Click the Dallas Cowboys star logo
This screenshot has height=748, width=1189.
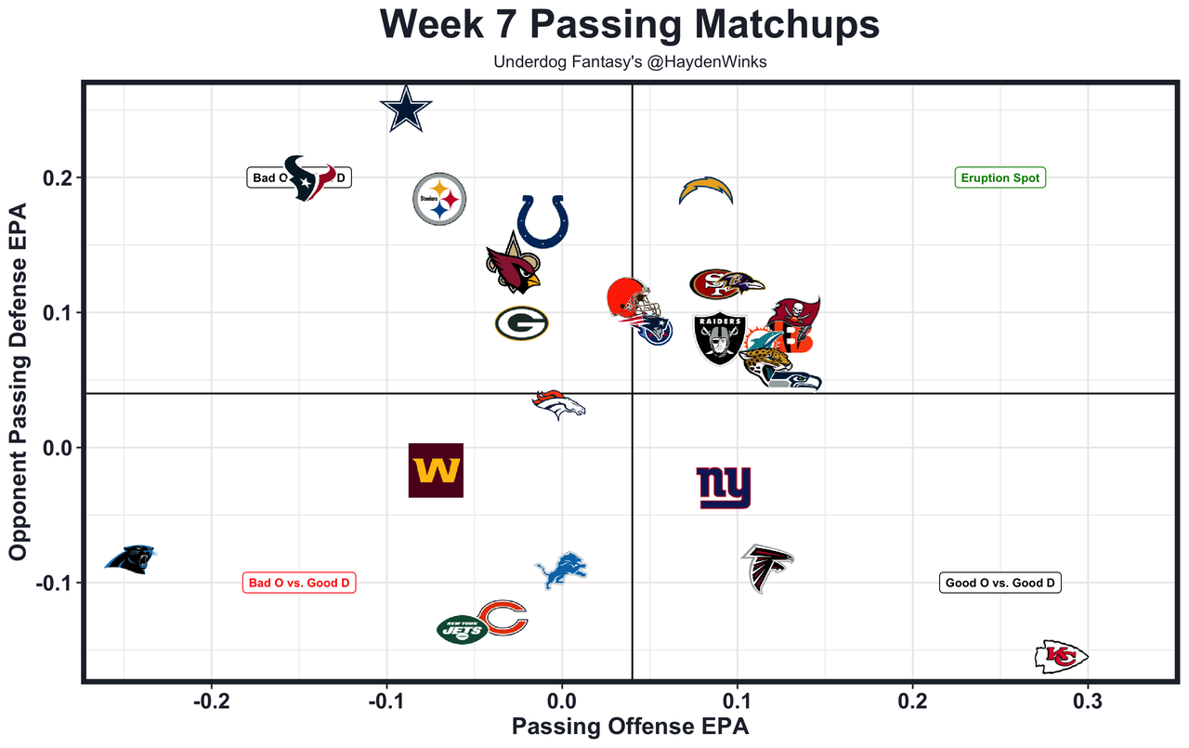click(x=406, y=110)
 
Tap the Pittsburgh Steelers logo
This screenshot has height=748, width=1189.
click(x=438, y=199)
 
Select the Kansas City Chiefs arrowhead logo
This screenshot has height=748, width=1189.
click(x=1061, y=657)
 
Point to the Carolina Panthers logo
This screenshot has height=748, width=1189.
click(x=130, y=558)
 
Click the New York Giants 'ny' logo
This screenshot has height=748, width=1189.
click(x=724, y=488)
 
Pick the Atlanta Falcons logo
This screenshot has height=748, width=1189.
click(x=767, y=567)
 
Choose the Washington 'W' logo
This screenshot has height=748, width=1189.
click(x=436, y=470)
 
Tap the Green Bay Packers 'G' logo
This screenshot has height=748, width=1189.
click(x=521, y=323)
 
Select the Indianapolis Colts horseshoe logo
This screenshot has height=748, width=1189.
click(x=542, y=221)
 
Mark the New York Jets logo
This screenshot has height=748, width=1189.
click(x=462, y=629)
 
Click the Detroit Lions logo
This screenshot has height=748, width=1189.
click(x=561, y=570)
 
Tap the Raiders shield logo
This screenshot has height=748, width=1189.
click(x=720, y=339)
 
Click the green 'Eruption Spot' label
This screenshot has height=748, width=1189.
click(x=1000, y=177)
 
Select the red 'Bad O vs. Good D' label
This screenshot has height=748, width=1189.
click(x=299, y=584)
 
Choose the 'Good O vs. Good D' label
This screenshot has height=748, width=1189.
click(x=1000, y=584)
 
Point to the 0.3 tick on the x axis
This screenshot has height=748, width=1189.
click(x=1088, y=700)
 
